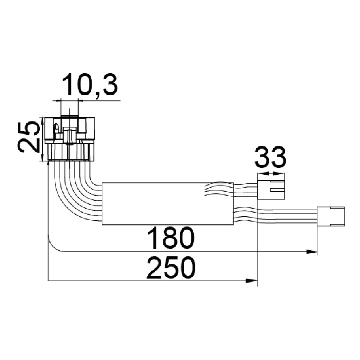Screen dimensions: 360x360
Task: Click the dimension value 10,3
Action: [x=90, y=85]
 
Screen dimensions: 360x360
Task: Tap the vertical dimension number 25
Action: [x=28, y=137]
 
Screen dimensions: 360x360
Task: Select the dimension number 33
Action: [x=271, y=158]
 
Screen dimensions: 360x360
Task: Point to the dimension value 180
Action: [x=171, y=238]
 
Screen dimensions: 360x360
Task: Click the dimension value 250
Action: [x=171, y=267]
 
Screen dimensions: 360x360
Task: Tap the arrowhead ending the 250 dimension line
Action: [x=251, y=281]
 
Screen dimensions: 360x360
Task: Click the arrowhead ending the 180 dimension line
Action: [x=311, y=252]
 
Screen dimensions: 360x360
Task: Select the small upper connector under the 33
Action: [x=271, y=190]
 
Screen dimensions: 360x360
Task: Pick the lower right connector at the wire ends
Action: [x=331, y=215]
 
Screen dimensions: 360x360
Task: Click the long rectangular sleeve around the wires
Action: [x=168, y=204]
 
